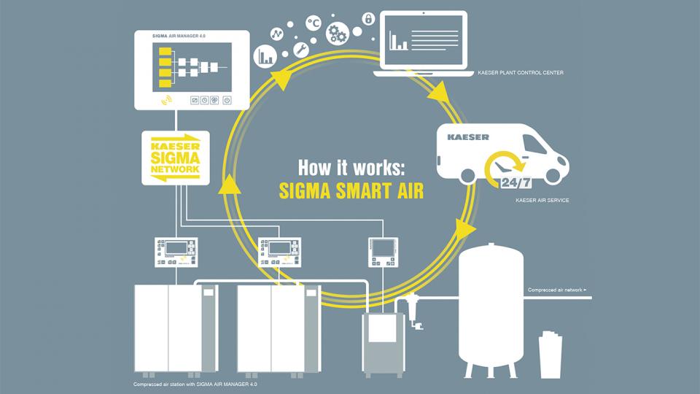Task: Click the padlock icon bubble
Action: pos(369,18)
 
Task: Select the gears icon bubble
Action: pos(338,34)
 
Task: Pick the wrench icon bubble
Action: pos(299,49)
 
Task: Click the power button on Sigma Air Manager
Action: pos(227,100)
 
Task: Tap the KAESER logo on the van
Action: pos(468,136)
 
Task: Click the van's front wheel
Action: pos(552,176)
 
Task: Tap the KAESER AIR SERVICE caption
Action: pos(542,199)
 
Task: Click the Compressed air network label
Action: pos(556,290)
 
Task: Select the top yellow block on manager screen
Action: pos(165,50)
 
